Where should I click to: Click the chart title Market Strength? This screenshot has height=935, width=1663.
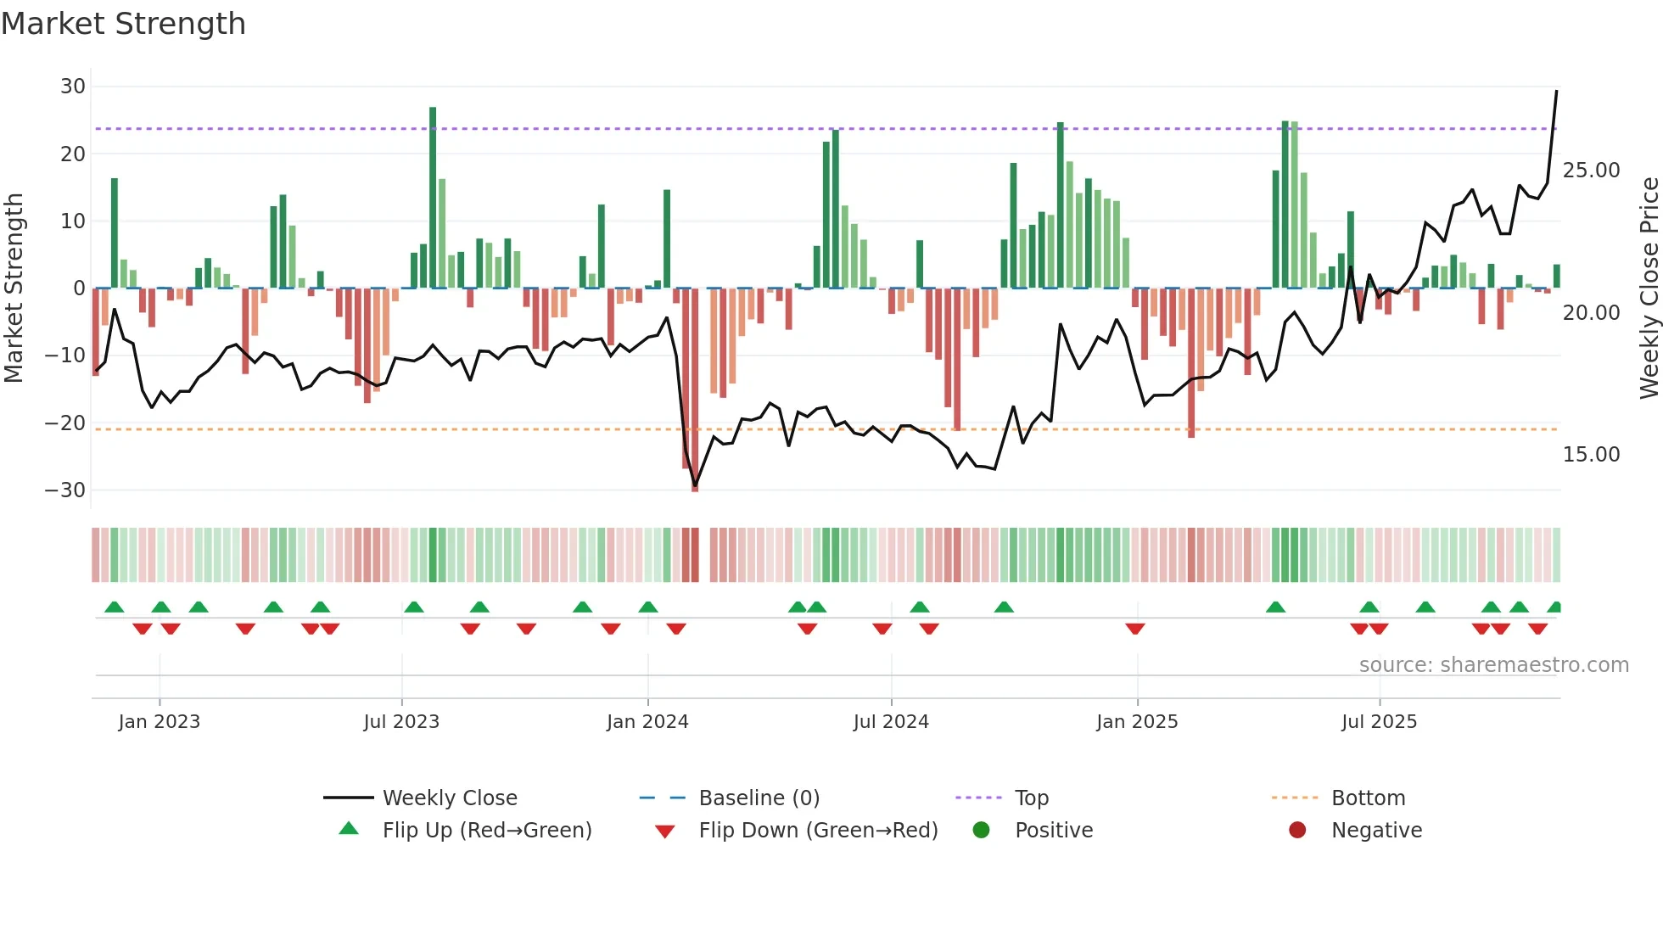pos(123,24)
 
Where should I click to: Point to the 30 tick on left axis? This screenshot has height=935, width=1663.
pos(73,87)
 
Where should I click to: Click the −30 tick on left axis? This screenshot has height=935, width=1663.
pos(65,490)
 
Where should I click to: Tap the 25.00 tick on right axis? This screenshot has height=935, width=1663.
pos(1591,171)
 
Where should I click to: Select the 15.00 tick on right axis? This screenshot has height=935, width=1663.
pos(1591,455)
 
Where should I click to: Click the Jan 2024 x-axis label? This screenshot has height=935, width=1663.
pos(647,722)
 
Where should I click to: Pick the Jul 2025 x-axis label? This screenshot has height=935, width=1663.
pos(1379,722)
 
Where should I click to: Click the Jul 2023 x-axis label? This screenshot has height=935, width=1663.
pos(401,722)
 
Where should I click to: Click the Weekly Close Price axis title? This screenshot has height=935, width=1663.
pos(1649,288)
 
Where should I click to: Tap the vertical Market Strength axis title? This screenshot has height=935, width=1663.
pos(14,288)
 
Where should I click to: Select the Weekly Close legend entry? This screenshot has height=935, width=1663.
pos(449,798)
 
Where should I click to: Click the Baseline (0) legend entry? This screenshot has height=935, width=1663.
pos(759,798)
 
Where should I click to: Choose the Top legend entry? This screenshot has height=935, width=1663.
pos(1031,798)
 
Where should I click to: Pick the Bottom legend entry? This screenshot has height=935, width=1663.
pos(1368,798)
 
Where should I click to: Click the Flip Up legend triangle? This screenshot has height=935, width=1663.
pos(349,829)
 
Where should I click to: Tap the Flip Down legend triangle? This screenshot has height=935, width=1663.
pos(665,831)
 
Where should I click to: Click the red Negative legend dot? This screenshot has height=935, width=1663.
pos(1297,830)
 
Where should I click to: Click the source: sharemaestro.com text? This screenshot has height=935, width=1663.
pos(1493,665)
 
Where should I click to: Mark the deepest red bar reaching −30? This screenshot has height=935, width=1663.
pos(695,390)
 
